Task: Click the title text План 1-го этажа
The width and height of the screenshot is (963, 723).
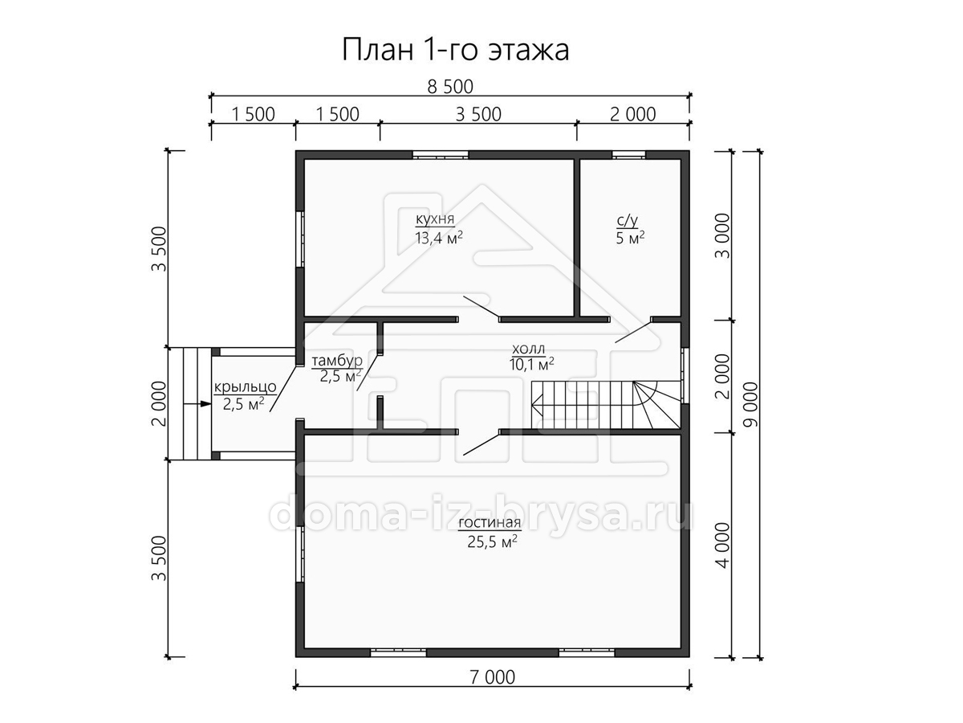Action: (455, 50)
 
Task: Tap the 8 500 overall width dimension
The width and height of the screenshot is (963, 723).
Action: (450, 87)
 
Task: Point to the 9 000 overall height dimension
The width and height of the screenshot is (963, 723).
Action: (751, 404)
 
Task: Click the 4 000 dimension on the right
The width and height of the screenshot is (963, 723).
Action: (722, 545)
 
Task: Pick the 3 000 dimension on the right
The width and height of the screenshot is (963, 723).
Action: (722, 235)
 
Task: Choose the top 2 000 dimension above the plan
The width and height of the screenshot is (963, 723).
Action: (632, 115)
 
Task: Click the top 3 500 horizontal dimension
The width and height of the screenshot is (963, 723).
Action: (478, 115)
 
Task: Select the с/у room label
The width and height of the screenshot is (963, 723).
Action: (627, 220)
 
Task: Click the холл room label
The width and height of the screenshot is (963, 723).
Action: (528, 349)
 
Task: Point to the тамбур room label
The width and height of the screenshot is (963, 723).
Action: (337, 361)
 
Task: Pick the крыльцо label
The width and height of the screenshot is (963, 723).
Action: (246, 387)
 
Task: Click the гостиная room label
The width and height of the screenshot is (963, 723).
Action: (490, 523)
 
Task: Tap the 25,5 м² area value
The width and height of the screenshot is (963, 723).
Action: (492, 541)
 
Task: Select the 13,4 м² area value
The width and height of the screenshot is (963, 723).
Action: (439, 238)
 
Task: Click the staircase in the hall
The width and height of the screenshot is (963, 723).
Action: (606, 405)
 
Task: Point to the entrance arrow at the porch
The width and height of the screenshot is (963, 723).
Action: (198, 403)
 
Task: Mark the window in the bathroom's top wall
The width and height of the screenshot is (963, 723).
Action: (628, 154)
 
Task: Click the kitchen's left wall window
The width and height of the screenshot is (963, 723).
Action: (300, 239)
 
